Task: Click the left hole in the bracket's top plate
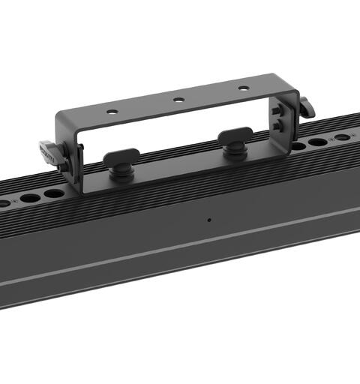tap(111, 111)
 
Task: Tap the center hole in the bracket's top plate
tap(178, 99)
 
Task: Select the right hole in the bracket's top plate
tap(244, 88)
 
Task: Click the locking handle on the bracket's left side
tap(53, 146)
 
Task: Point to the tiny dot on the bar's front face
tap(208, 220)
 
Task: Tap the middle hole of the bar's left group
tap(30, 198)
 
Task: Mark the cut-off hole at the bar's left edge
tap(4, 203)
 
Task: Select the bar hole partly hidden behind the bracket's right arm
tap(297, 145)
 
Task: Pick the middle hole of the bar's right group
tap(318, 141)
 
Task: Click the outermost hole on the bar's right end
tap(341, 136)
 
